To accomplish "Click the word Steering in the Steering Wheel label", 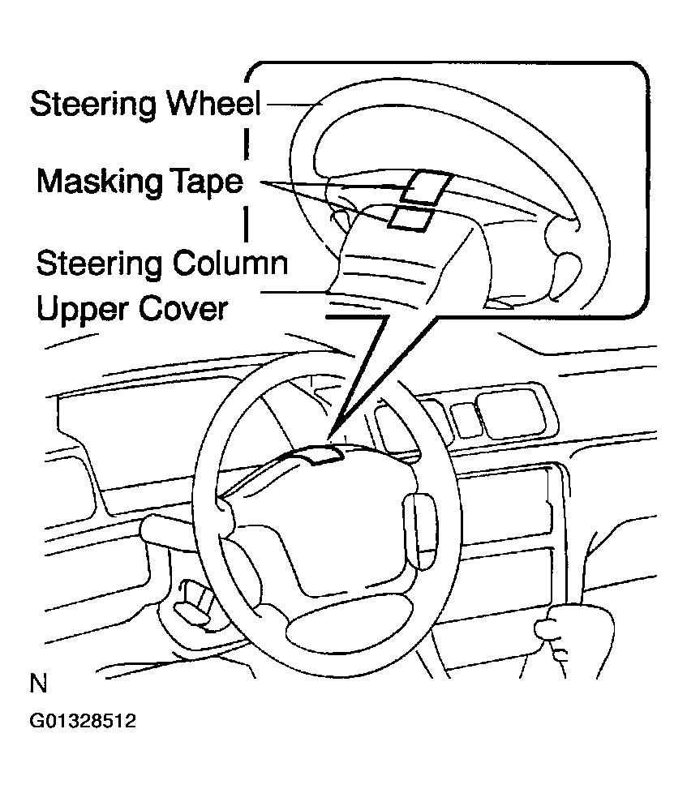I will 93,106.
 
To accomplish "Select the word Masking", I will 94,182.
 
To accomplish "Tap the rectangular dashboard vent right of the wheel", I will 506,405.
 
